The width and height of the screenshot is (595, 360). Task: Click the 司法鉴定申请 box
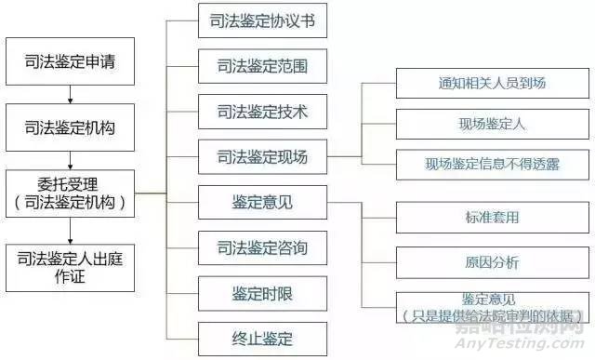[x=71, y=64]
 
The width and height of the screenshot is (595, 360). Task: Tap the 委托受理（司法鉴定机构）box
[x=71, y=192]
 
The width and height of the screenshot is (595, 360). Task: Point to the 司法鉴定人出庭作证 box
[x=71, y=266]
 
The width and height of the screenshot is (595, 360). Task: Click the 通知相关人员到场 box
[x=490, y=83]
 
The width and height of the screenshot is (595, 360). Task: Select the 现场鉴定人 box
[x=490, y=124]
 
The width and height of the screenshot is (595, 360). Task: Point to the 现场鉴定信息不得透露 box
[x=490, y=165]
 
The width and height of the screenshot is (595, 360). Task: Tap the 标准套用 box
[x=490, y=218]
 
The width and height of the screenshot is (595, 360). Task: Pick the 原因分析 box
[x=490, y=261]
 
